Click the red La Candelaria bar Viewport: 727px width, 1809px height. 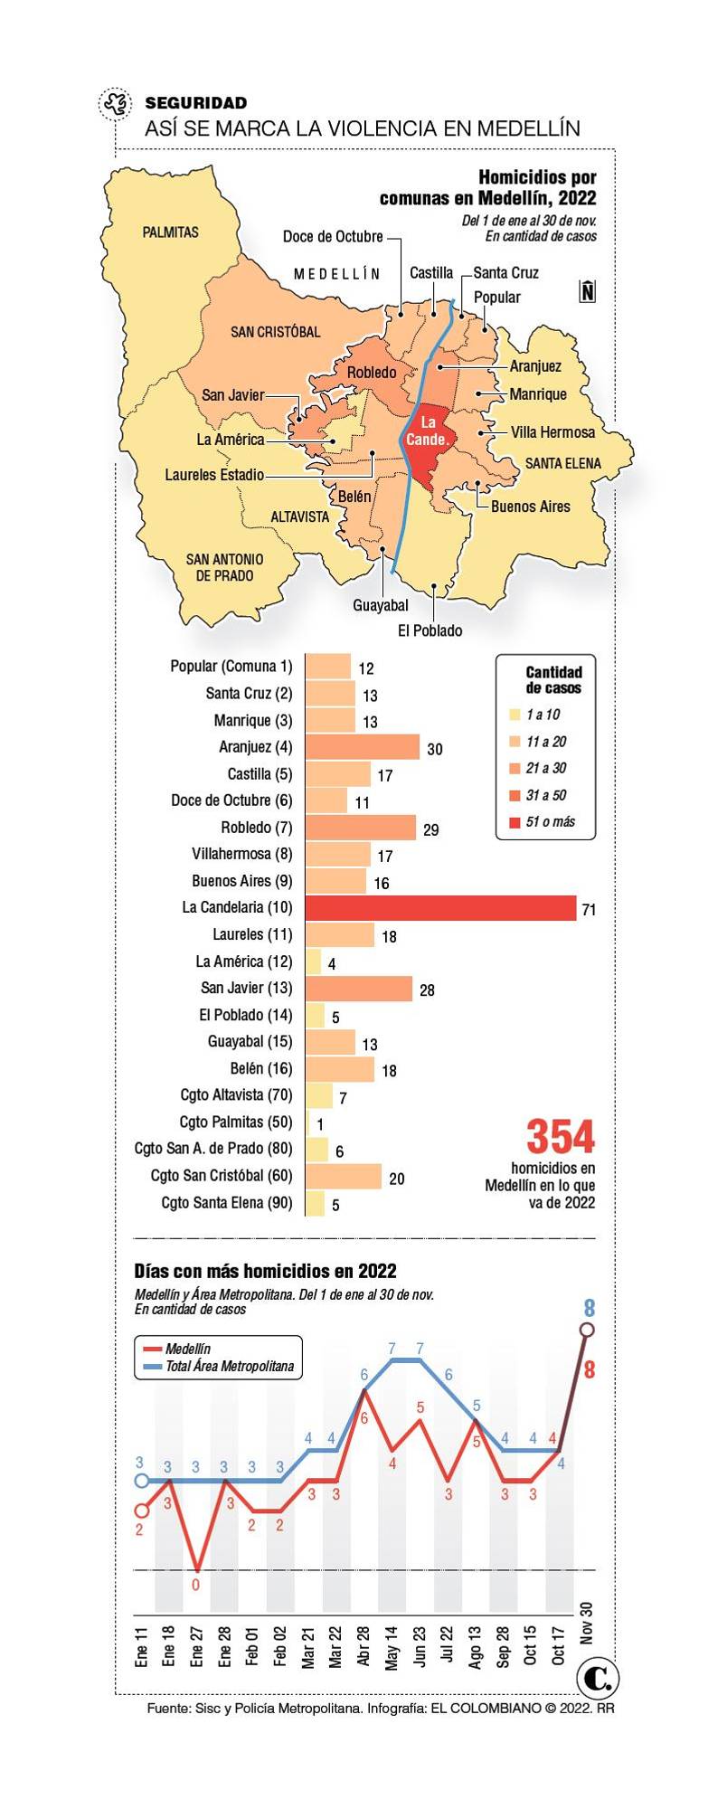pos(440,907)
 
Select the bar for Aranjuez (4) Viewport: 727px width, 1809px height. pos(362,747)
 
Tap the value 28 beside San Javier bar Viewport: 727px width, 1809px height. pos(427,990)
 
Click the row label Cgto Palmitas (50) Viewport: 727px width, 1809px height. pos(235,1122)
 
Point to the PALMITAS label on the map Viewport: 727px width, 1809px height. pos(170,232)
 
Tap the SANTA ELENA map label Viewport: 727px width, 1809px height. pos(562,463)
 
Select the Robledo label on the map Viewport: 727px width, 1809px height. pos(372,373)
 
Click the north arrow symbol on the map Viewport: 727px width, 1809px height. pos(588,291)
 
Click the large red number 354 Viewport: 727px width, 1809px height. pos(561,1137)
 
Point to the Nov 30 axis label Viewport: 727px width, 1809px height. pos(587,1622)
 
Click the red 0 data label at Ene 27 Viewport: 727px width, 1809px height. pos(195,1585)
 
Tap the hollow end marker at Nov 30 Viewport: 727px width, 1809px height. pos(587,1330)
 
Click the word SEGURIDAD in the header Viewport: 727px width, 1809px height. pos(195,103)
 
